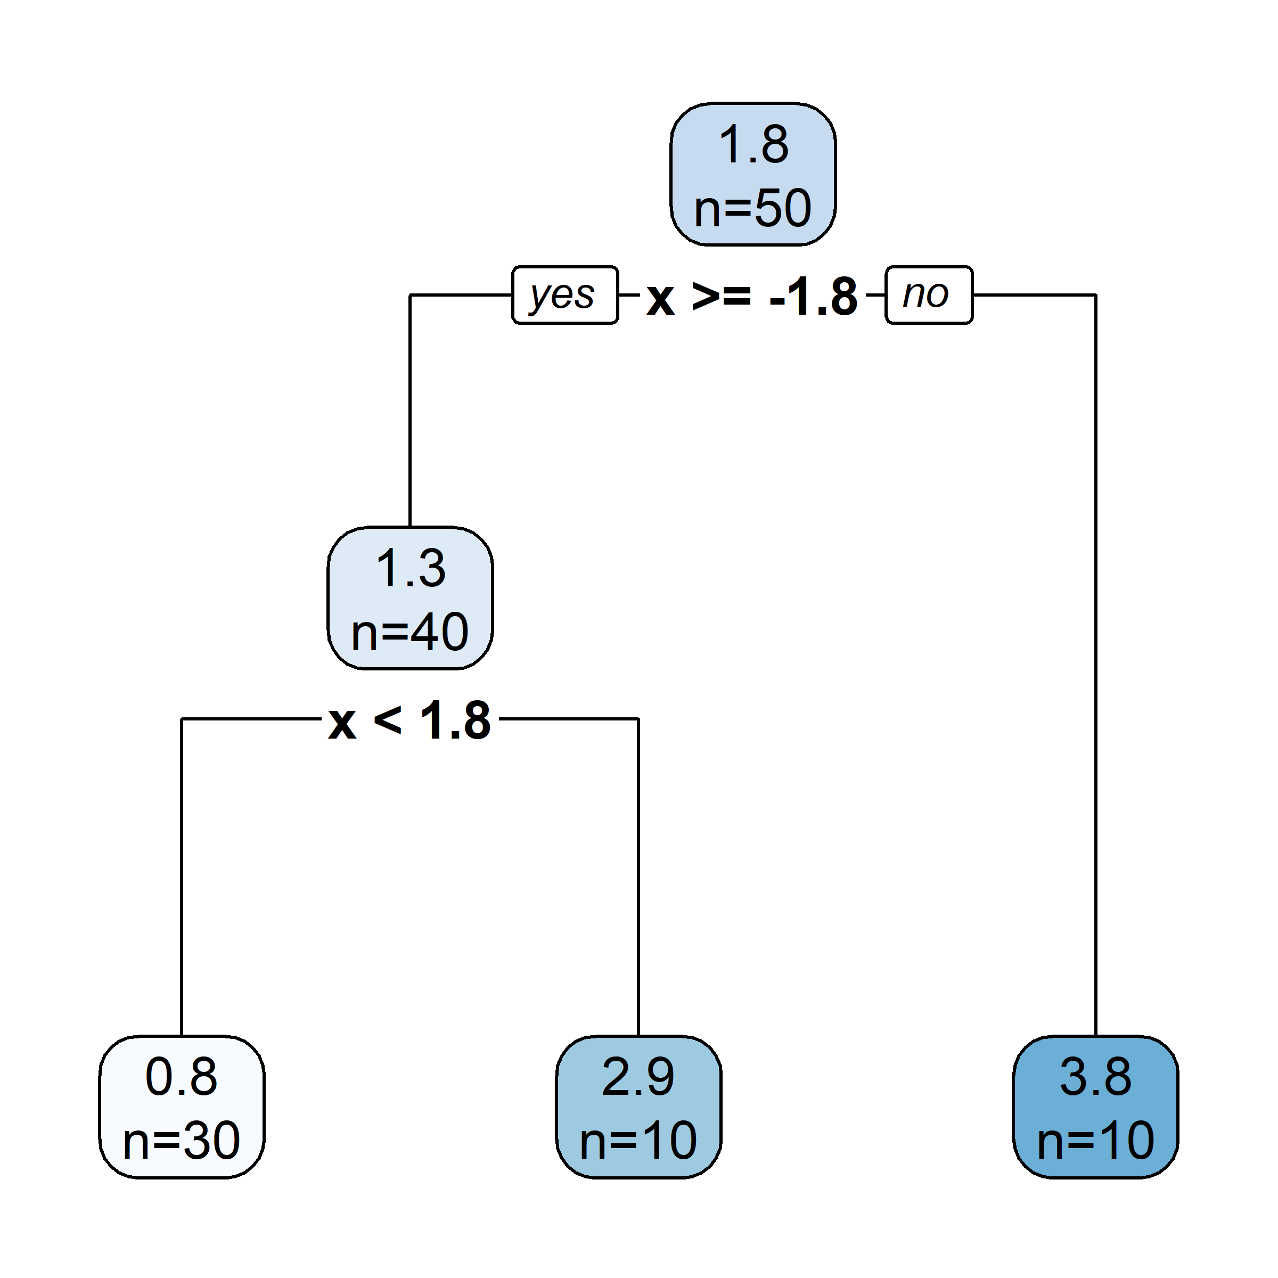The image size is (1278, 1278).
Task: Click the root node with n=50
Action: pos(753,174)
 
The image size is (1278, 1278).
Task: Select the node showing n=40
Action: pos(410,598)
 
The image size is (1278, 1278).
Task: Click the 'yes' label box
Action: pos(564,295)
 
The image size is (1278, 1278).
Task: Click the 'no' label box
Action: pos(929,295)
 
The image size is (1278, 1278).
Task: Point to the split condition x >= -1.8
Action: pos(752,297)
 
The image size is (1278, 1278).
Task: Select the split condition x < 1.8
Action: pos(409,720)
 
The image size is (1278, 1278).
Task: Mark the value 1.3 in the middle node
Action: pos(411,568)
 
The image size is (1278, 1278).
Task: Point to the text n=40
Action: pos(410,632)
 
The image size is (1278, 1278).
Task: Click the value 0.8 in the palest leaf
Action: pos(181,1076)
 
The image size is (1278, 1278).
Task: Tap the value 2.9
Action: pos(638,1076)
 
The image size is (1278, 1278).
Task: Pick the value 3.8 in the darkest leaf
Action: pos(1095,1076)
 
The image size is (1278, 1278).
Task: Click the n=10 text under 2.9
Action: pos(638,1141)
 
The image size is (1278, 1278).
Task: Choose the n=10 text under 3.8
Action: pos(1095,1141)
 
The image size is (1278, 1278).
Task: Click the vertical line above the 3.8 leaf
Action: pos(1095,661)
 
